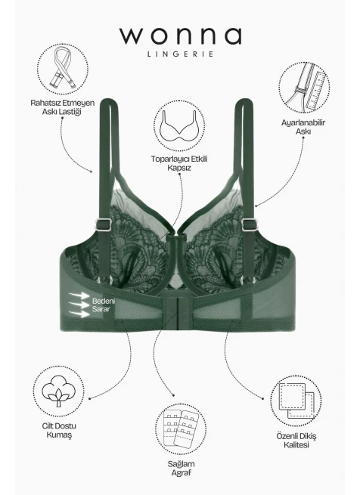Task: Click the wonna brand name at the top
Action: [180, 36]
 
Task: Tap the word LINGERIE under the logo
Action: [181, 54]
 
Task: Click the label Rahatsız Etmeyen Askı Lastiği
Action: [62, 107]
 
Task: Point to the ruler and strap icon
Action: [305, 87]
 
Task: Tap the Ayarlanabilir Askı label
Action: [303, 127]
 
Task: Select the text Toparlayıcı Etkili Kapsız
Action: [179, 163]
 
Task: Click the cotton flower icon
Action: [58, 391]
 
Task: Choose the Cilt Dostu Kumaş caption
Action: [59, 430]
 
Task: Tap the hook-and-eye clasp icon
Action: [180, 428]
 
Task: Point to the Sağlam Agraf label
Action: [181, 468]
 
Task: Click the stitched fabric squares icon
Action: [296, 401]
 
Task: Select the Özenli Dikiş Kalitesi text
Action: [296, 441]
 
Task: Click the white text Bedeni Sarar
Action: [104, 305]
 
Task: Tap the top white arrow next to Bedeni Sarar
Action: [79, 295]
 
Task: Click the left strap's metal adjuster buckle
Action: [104, 224]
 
